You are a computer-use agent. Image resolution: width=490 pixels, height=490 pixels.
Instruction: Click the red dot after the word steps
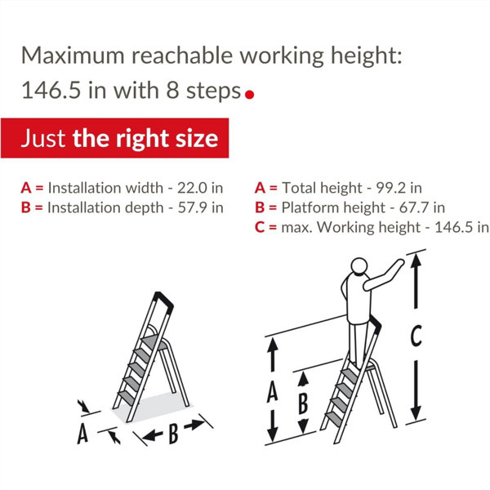click(249, 95)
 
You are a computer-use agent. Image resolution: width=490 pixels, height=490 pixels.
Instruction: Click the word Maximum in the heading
click(73, 56)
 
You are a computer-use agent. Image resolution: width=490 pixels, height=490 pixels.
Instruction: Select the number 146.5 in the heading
click(51, 91)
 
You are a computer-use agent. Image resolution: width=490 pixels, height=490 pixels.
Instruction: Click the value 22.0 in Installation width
click(192, 188)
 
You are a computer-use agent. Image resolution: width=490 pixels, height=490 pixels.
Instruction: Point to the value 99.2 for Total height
click(390, 188)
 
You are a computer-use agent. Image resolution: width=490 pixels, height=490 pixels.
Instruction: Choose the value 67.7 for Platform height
click(413, 207)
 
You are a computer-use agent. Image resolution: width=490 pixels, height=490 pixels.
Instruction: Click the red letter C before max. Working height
click(260, 227)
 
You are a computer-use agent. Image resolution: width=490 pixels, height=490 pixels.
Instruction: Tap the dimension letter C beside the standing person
click(416, 336)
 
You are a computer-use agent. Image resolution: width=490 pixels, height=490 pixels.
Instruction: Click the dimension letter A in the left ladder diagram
click(82, 433)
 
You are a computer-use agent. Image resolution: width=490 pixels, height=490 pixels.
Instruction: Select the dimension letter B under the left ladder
click(173, 434)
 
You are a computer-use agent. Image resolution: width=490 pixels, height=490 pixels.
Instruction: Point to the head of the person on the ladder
click(359, 266)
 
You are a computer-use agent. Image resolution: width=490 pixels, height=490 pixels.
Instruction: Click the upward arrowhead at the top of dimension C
click(416, 260)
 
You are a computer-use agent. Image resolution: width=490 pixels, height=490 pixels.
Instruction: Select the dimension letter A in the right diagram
click(272, 391)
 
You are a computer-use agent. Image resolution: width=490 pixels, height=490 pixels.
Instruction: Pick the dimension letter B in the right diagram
click(303, 403)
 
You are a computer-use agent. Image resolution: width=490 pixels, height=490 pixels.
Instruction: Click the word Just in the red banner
click(43, 139)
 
